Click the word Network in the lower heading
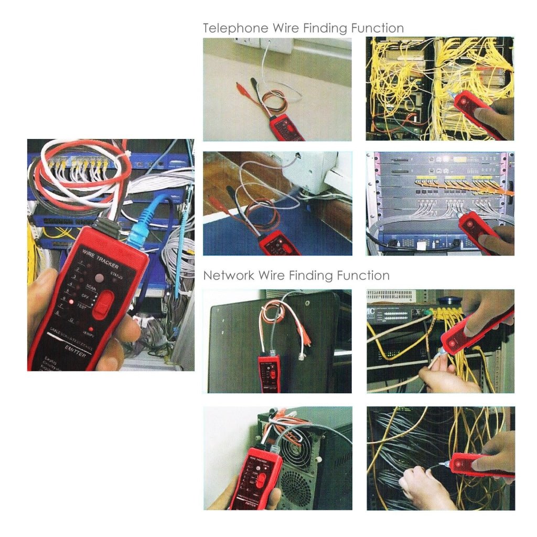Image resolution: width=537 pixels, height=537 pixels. [x=229, y=275]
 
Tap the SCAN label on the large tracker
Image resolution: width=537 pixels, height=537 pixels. [x=91, y=288]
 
